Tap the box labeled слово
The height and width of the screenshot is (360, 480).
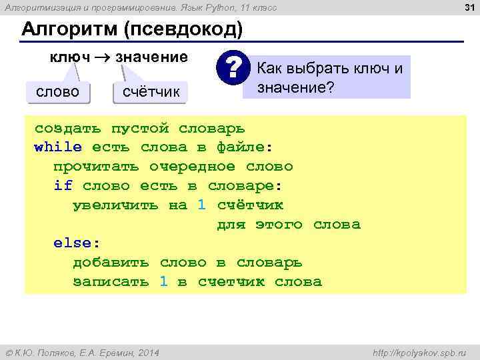pyautogui.click(x=58, y=91)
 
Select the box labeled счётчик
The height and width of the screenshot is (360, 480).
pyautogui.click(x=151, y=91)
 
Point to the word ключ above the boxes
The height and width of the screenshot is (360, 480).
pyautogui.click(x=70, y=57)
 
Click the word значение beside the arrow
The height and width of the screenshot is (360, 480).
pyautogui.click(x=152, y=57)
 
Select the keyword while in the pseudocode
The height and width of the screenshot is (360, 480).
pyautogui.click(x=58, y=147)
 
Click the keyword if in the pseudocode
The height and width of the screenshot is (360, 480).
pyautogui.click(x=63, y=185)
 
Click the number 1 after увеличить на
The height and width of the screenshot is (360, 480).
pyautogui.click(x=202, y=205)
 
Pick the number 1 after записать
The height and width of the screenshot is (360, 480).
pyautogui.click(x=163, y=282)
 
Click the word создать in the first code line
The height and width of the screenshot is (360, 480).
pyautogui.click(x=68, y=127)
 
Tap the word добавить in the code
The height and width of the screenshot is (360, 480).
pyautogui.click(x=111, y=263)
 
